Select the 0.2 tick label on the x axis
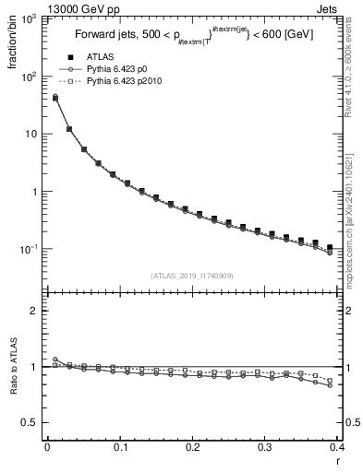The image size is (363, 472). [x=193, y=446]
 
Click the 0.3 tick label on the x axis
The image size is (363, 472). [x=266, y=446]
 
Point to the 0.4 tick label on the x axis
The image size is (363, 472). [x=338, y=446]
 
